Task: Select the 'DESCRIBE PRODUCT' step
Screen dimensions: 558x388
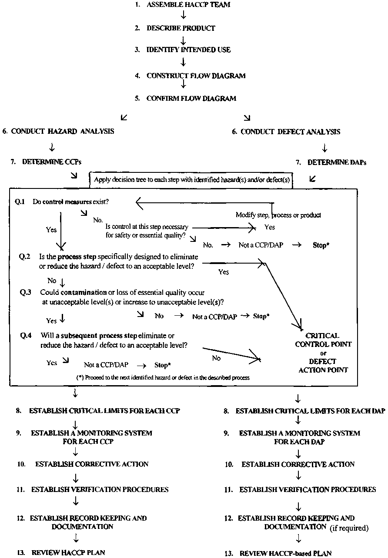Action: click(x=181, y=28)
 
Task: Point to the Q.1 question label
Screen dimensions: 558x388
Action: click(x=20, y=202)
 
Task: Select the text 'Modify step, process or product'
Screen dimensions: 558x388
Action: click(x=278, y=215)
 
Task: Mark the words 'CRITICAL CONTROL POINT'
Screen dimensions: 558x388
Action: click(x=323, y=340)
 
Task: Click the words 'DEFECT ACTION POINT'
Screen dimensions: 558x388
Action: click(x=323, y=366)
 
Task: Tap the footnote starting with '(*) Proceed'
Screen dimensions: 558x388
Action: click(x=163, y=378)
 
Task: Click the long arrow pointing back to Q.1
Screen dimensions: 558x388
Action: click(x=204, y=202)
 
